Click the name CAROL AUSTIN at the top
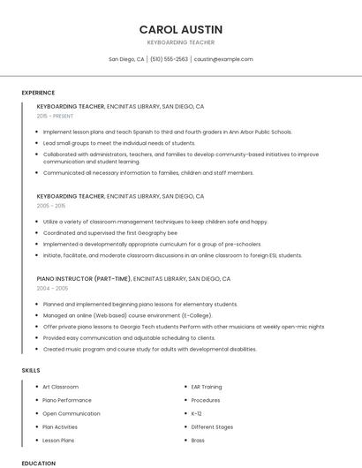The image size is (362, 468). pyautogui.click(x=180, y=29)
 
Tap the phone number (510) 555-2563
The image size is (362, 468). pyautogui.click(x=169, y=59)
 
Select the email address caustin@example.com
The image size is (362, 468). pyautogui.click(x=223, y=59)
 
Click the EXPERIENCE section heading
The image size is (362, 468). pyautogui.click(x=38, y=93)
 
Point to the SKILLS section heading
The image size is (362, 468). pyautogui.click(x=31, y=371)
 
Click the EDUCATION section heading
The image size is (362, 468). pyautogui.click(x=38, y=463)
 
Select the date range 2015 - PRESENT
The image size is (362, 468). pyautogui.click(x=56, y=116)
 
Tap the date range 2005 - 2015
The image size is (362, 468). pyautogui.click(x=51, y=205)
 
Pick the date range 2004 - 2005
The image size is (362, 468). pyautogui.click(x=52, y=288)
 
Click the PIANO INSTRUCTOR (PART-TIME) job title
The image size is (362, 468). pyautogui.click(x=84, y=278)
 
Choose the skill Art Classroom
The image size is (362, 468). pyautogui.click(x=61, y=387)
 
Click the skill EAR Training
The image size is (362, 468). pyautogui.click(x=207, y=387)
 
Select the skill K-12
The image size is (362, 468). pyautogui.click(x=197, y=413)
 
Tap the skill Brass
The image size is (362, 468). pyautogui.click(x=198, y=440)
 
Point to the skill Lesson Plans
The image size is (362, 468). pyautogui.click(x=58, y=440)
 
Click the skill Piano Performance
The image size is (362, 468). pyautogui.click(x=67, y=400)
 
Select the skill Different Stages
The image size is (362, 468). pyautogui.click(x=212, y=426)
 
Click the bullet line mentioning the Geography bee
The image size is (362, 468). pyautogui.click(x=97, y=233)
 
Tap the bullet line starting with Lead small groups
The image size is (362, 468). pyautogui.click(x=119, y=142)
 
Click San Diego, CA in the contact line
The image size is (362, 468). pyautogui.click(x=126, y=59)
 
